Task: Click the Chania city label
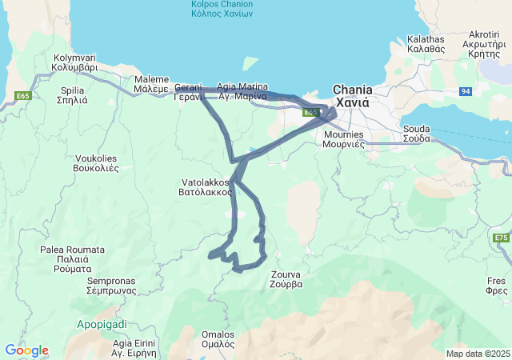(352, 97)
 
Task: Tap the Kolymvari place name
(75, 63)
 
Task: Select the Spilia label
(73, 96)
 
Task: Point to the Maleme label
(151, 85)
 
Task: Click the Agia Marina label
(242, 91)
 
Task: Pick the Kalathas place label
(426, 43)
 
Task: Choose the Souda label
(416, 134)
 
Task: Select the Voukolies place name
(96, 163)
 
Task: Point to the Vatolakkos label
(206, 187)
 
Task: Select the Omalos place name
(218, 339)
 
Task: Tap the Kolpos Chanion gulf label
(222, 9)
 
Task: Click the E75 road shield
(502, 238)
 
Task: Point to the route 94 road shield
(466, 92)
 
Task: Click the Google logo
(26, 350)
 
